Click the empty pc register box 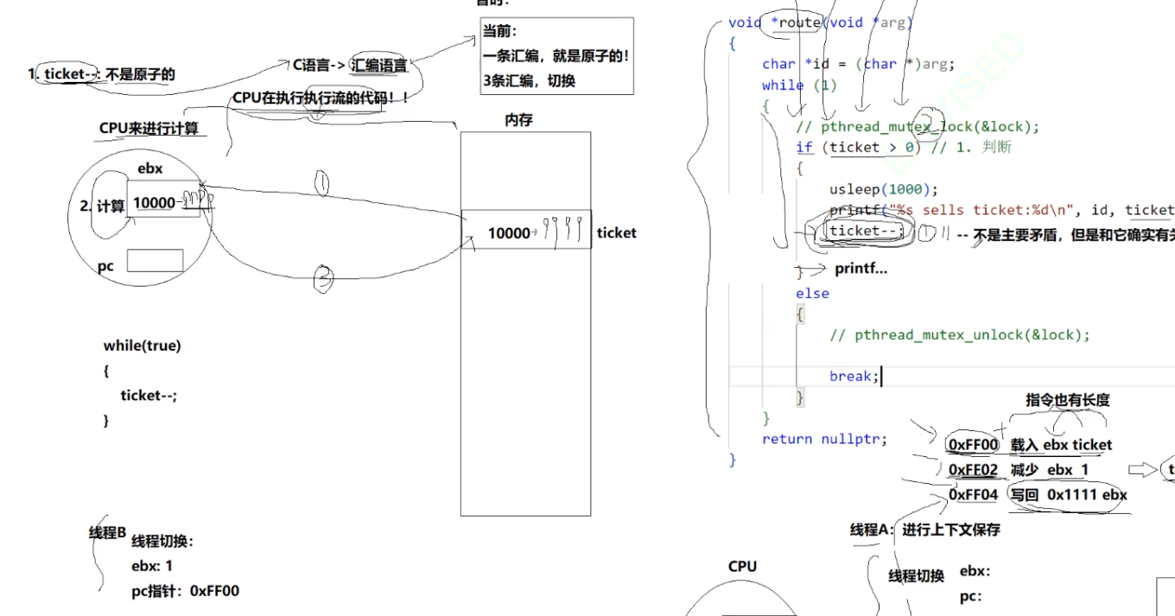[x=155, y=261]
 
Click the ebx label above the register [x=149, y=168]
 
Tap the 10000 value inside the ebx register [x=154, y=203]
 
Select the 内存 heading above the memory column [x=518, y=120]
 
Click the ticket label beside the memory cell [x=616, y=232]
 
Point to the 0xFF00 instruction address [x=973, y=445]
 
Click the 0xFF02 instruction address [x=973, y=470]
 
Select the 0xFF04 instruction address [x=973, y=495]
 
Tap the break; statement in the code [x=854, y=376]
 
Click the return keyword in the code [x=787, y=439]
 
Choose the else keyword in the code [x=812, y=294]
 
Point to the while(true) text [x=142, y=346]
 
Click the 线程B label [x=108, y=532]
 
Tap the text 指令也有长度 [x=1067, y=399]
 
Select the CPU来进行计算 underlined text [x=149, y=129]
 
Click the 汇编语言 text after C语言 [x=379, y=65]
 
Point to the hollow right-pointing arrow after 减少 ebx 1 [x=1142, y=469]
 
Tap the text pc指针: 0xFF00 [x=185, y=591]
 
